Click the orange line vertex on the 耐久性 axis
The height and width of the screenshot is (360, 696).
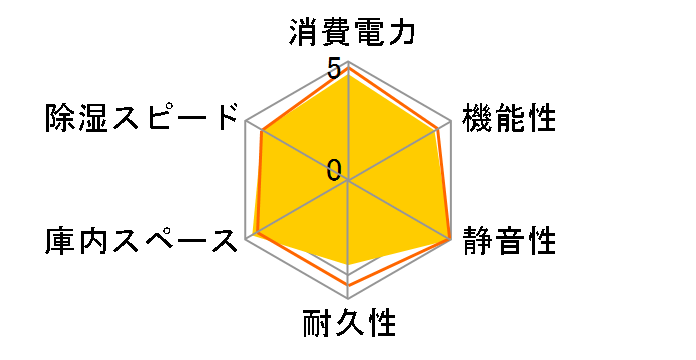pos(348,285)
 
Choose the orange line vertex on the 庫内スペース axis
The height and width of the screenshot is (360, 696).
pos(256,234)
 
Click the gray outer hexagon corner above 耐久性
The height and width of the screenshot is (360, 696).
pos(348,297)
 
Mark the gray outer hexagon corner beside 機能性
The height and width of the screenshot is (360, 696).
pos(450,122)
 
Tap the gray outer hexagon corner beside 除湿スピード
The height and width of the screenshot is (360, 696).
pos(246,122)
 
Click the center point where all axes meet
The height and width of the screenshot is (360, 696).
pos(348,181)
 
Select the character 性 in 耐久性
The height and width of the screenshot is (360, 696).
pos(381,326)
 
